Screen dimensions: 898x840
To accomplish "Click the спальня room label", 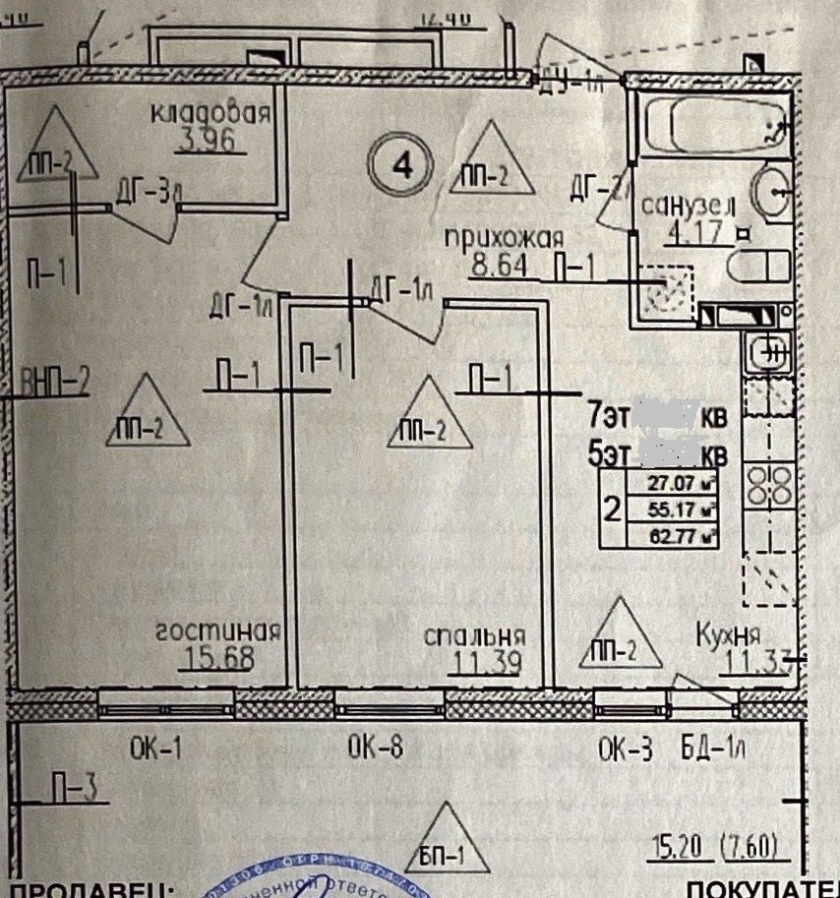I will point(475,635).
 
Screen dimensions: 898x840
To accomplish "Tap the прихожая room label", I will point(503,239).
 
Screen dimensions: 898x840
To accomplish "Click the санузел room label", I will point(689,207).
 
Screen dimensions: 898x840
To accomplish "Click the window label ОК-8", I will point(375,749).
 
